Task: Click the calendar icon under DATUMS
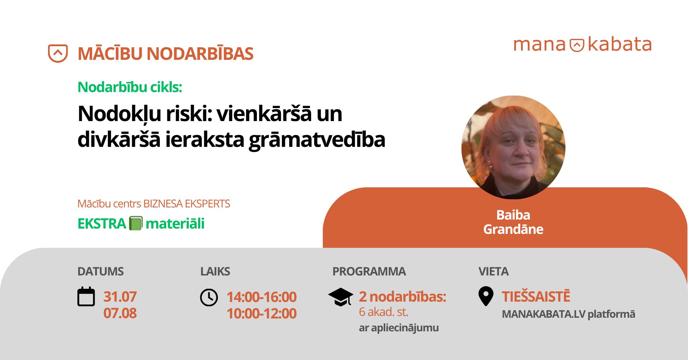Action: pos(86,297)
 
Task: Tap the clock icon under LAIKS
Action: pos(209,297)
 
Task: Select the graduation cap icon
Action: pos(341,297)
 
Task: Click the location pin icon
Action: pos(486,296)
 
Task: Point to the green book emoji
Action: pos(136,223)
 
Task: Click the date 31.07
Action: pos(120,297)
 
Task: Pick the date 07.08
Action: pos(120,313)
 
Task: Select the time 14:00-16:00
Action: pos(262,297)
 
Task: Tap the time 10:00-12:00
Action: pos(262,313)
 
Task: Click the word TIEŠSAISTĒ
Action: pos(536,296)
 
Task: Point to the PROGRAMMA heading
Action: pos(369,272)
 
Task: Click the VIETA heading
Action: pos(493,272)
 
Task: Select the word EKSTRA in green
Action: pos(102,224)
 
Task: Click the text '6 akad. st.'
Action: pos(383,312)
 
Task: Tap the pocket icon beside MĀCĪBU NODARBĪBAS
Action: pos(58,53)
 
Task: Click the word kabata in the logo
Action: pos(620,44)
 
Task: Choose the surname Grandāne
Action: pos(513,229)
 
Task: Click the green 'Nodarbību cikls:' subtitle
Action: pos(130,87)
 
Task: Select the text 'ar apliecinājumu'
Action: pos(399,328)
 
